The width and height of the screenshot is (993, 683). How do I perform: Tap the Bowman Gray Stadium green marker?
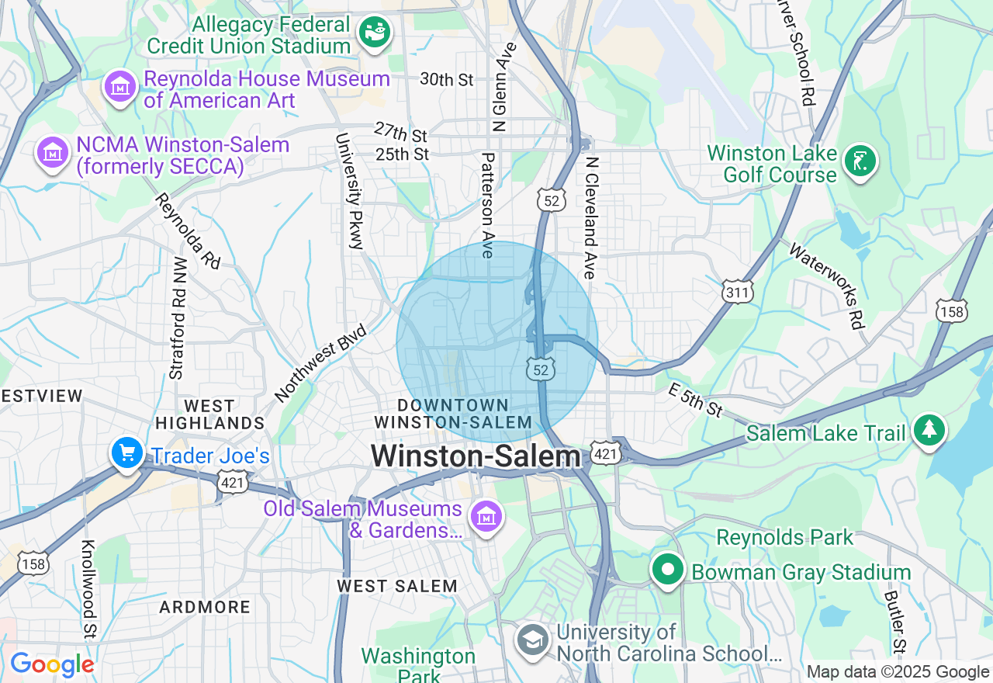click(x=666, y=570)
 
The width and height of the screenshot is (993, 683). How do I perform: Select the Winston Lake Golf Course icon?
click(x=860, y=161)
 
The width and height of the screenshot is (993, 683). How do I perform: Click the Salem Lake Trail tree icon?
click(x=929, y=430)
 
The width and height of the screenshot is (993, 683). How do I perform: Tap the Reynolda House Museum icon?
click(x=120, y=87)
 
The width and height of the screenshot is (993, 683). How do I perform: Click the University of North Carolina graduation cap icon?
click(x=534, y=640)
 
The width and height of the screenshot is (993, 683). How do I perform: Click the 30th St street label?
click(x=446, y=79)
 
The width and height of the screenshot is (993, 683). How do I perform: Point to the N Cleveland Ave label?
click(x=591, y=218)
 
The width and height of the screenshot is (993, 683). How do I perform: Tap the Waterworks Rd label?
click(x=827, y=286)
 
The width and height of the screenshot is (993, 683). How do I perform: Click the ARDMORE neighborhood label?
click(x=205, y=607)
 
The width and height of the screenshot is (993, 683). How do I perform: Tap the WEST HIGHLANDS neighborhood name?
click(x=209, y=414)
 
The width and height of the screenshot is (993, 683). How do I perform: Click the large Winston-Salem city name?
click(x=476, y=456)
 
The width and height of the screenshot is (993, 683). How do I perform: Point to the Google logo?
click(x=52, y=664)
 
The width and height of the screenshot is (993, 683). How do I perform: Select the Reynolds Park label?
click(x=784, y=537)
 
